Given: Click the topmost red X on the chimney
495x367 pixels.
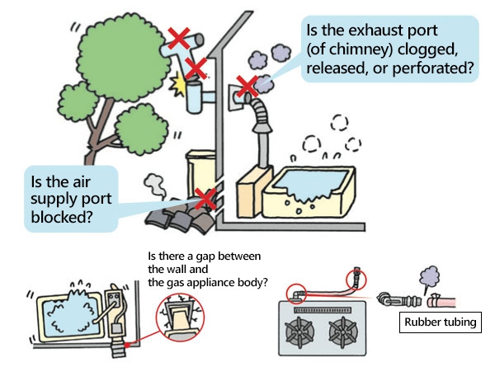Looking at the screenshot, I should pyautogui.click(x=176, y=37).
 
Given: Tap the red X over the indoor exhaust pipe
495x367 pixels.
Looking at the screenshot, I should pyautogui.click(x=245, y=85).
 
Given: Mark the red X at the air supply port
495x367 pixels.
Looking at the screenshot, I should pyautogui.click(x=206, y=198).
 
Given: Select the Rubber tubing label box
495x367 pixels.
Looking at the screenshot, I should pyautogui.click(x=441, y=321).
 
